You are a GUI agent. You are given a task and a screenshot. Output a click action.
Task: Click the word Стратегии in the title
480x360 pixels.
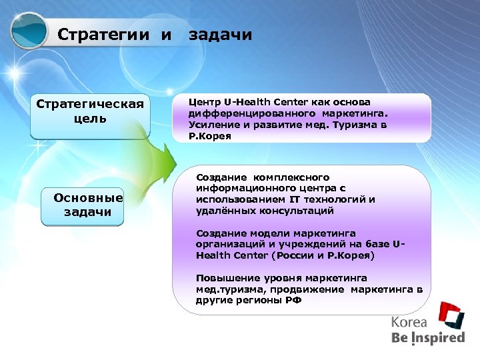click(x=106, y=35)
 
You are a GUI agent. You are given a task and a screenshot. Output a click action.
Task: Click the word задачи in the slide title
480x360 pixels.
click(x=221, y=35)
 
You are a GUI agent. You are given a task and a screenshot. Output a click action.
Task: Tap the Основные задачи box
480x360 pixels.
click(x=88, y=205)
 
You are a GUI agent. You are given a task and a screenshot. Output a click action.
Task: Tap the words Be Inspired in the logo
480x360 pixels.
click(x=427, y=338)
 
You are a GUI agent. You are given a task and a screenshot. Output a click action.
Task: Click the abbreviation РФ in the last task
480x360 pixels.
click(x=293, y=300)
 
